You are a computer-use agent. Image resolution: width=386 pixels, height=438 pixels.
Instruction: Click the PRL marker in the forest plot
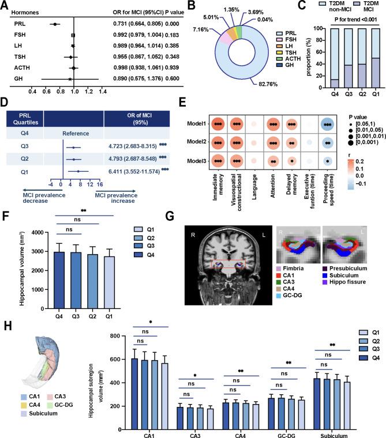tap(54, 24)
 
